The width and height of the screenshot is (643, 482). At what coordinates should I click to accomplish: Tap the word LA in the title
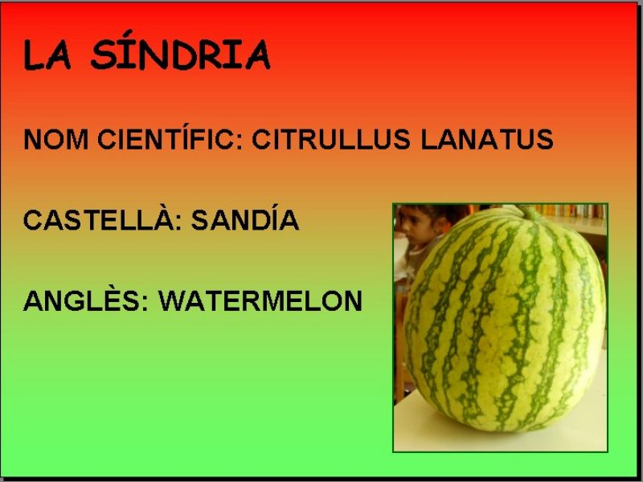click(47, 55)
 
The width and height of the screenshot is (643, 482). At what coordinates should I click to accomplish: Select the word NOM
click(55, 139)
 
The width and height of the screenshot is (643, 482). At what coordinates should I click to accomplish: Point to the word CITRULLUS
click(331, 139)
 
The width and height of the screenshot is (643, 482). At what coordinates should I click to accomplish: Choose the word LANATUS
click(487, 139)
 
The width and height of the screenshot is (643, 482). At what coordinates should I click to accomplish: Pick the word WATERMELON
click(260, 300)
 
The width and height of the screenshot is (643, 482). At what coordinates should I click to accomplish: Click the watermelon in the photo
click(505, 320)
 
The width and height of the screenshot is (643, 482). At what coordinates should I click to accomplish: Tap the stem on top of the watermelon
click(529, 212)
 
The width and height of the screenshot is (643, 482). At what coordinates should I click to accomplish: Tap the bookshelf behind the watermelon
click(574, 211)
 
